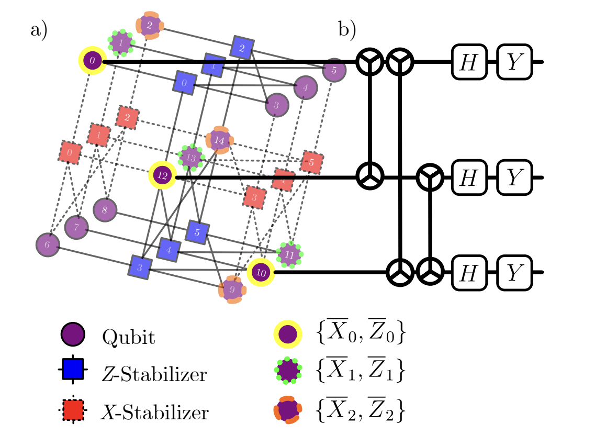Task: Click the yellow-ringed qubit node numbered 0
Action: (92, 61)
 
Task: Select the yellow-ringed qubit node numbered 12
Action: (162, 176)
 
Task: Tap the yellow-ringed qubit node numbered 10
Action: (261, 272)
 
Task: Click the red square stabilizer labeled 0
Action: (70, 152)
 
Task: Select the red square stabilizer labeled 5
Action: (312, 163)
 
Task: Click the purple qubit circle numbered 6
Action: (48, 245)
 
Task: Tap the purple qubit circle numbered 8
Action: (105, 209)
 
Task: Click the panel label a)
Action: (39, 30)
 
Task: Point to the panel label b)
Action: (347, 30)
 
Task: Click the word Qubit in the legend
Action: (129, 337)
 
